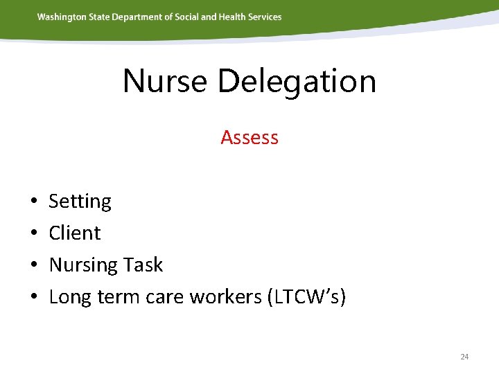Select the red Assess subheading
(249, 138)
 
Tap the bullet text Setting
(80, 202)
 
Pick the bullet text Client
(75, 233)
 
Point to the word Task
(143, 265)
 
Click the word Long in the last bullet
(67, 297)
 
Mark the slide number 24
(464, 357)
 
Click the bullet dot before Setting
(34, 202)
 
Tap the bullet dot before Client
(34, 234)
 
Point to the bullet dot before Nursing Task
(34, 266)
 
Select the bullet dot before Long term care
(34, 298)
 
